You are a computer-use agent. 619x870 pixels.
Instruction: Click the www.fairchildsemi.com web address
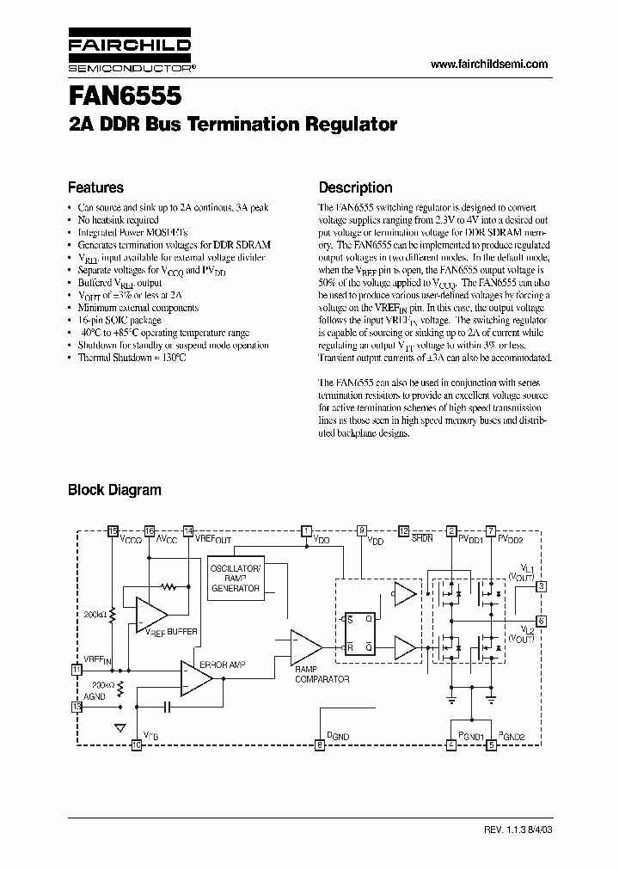click(x=488, y=64)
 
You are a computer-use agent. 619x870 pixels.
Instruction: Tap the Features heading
click(x=95, y=187)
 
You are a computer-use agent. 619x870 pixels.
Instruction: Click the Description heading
click(x=355, y=187)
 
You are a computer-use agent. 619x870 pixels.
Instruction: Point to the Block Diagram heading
click(x=114, y=490)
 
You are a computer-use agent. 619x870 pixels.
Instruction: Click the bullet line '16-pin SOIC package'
click(x=119, y=319)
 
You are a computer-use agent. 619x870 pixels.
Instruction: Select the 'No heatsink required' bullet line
click(x=118, y=220)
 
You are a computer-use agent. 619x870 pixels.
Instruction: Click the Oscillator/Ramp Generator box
click(x=236, y=578)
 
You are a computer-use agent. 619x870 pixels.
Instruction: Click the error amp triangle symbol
click(x=197, y=678)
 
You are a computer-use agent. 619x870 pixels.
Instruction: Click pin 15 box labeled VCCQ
click(x=113, y=530)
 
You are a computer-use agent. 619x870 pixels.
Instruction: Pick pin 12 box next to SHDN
click(x=403, y=530)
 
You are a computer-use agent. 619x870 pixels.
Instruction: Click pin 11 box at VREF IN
click(x=77, y=668)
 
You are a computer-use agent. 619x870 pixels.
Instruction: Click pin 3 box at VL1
click(x=541, y=586)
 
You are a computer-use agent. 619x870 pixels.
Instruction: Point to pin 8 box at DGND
click(x=320, y=745)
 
